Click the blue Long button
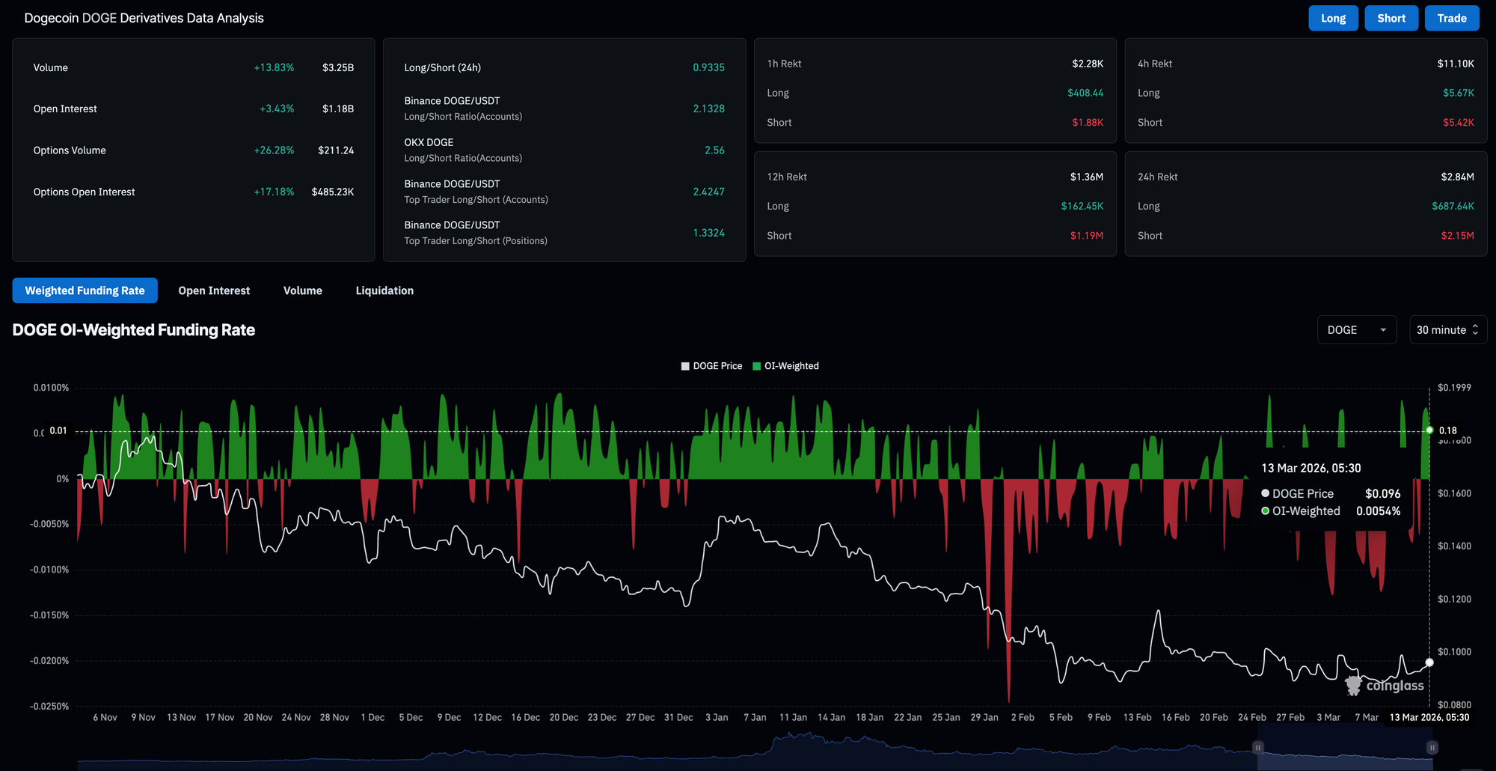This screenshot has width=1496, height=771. pos(1333,18)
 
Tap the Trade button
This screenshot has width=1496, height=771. pos(1452,18)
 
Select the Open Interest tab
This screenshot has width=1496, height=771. pos(214,290)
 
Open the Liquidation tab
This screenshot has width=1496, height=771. pos(384,290)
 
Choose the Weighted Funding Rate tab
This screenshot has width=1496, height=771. pos(85,290)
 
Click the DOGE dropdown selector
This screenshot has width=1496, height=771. pos(1357,330)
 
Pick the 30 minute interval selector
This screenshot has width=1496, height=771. pos(1447,330)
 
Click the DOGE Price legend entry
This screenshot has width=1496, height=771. pos(711,366)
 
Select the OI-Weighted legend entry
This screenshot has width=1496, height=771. pos(785,366)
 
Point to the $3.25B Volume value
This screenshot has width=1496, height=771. pos(338,67)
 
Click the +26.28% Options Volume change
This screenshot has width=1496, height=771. pos(274,150)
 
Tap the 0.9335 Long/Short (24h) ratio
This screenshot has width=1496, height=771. pos(708,67)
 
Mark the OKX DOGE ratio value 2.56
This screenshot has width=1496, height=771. pos(714,150)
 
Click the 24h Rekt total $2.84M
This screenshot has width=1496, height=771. pos(1457,177)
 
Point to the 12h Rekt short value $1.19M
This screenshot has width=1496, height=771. pos(1086,236)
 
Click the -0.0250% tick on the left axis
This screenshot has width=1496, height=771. pos(49,707)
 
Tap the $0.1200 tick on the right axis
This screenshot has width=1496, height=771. pos(1454,599)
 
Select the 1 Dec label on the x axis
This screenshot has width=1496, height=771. pos(373,717)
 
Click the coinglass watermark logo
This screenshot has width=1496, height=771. pos(1385,685)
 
